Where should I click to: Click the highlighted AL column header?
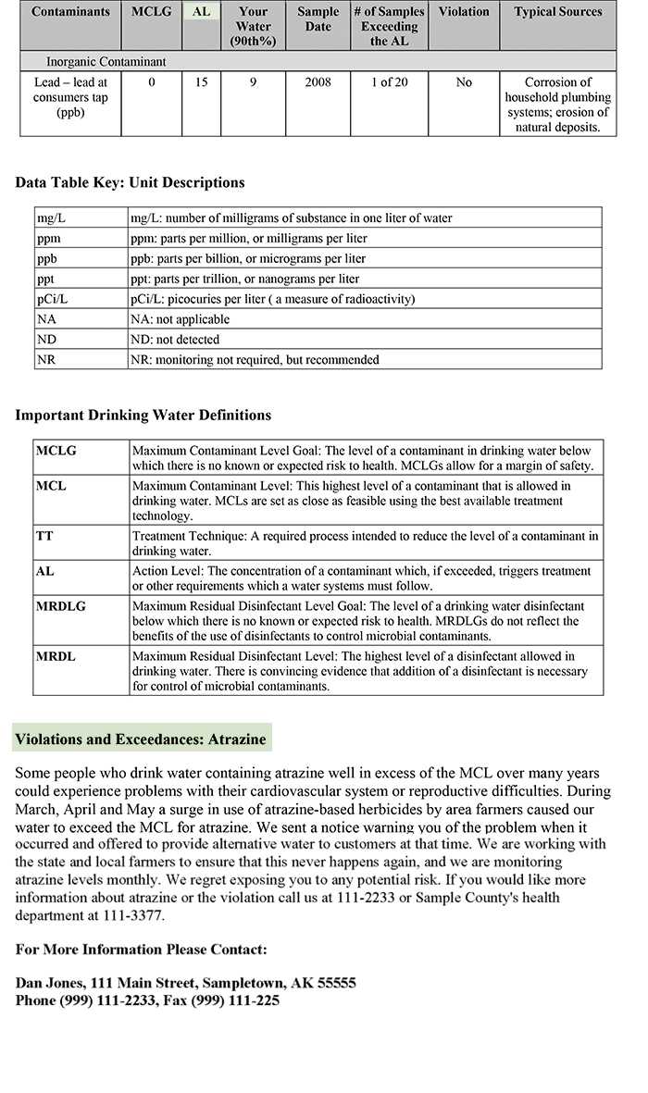tap(201, 12)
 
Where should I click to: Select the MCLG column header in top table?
tap(152, 12)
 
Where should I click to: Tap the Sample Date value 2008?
tap(318, 82)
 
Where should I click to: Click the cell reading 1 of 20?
tap(389, 82)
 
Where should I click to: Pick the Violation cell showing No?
tap(464, 82)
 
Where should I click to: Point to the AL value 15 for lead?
tap(201, 82)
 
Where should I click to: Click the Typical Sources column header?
tap(557, 12)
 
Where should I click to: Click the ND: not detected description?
tap(175, 340)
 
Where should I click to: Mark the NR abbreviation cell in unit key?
tap(46, 359)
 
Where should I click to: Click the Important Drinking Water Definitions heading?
tap(143, 415)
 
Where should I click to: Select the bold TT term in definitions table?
tap(44, 536)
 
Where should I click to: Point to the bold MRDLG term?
tap(61, 605)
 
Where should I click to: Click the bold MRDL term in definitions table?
tap(56, 656)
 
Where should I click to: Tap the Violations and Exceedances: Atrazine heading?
tap(141, 739)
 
